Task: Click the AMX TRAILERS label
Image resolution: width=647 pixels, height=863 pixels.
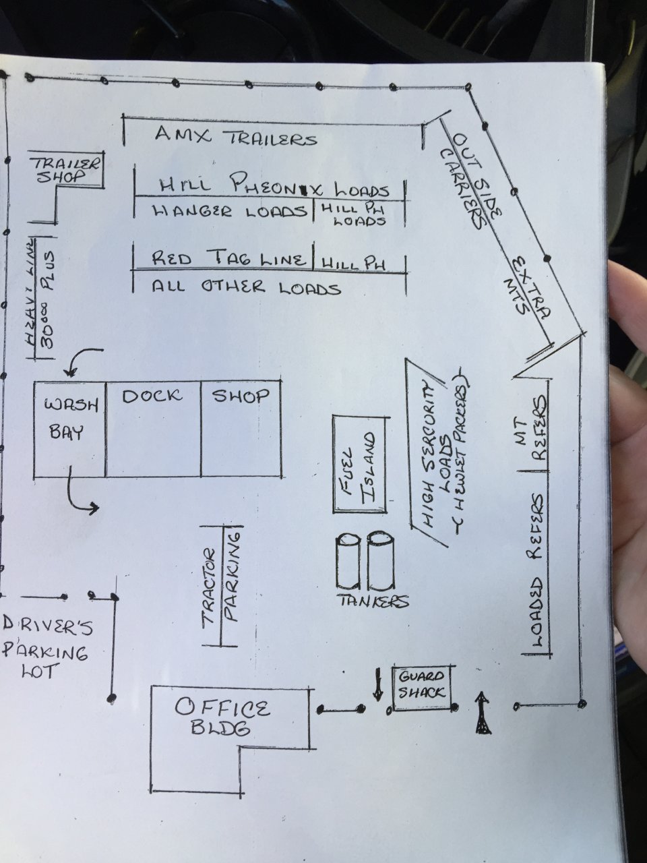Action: [235, 136]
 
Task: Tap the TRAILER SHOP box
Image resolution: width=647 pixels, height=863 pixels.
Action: [66, 169]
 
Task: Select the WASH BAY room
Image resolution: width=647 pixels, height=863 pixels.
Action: [70, 427]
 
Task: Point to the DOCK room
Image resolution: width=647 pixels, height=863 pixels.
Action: [152, 427]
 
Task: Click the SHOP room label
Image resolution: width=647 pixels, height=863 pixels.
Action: [241, 396]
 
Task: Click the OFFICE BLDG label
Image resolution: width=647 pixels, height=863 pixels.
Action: [222, 717]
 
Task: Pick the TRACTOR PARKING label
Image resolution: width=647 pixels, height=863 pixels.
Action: [221, 585]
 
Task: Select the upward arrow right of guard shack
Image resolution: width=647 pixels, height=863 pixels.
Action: [482, 712]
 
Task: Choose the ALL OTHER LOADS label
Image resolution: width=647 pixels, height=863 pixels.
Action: [245, 288]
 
